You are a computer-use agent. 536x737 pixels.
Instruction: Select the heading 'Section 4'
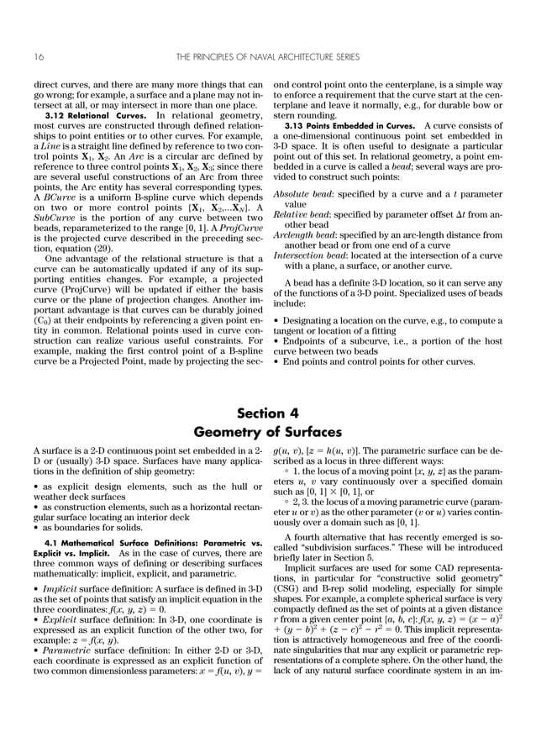[267, 413]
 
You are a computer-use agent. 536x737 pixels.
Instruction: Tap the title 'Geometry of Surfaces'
[267, 432]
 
